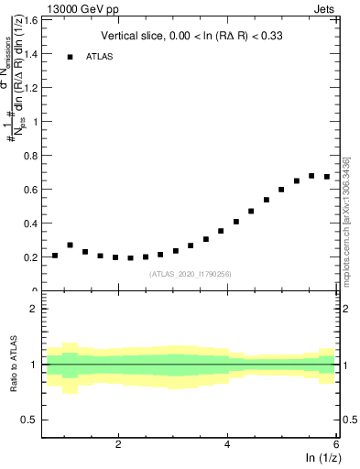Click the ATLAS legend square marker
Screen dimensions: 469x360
pyautogui.click(x=70, y=57)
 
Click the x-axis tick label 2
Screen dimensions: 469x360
pyautogui.click(x=118, y=444)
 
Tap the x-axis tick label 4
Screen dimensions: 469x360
pyautogui.click(x=227, y=444)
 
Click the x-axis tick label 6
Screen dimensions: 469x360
pyautogui.click(x=336, y=444)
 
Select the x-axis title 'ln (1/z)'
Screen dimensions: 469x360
pyautogui.click(x=321, y=458)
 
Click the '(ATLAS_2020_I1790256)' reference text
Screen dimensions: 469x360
pyautogui.click(x=191, y=273)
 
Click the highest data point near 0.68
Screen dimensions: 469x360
pyautogui.click(x=311, y=175)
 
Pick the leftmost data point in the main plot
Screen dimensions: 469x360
pyautogui.click(x=55, y=256)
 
